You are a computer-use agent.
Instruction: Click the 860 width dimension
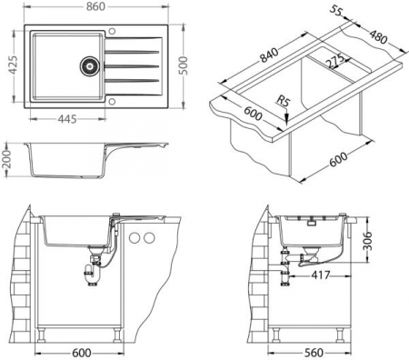(95, 6)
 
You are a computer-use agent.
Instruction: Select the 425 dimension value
(13, 65)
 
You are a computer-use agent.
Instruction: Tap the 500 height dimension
(183, 65)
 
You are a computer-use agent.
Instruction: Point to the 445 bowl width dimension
(67, 119)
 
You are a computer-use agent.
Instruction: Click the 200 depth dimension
(6, 159)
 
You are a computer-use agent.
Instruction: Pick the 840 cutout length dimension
(269, 55)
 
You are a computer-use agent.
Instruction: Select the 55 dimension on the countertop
(335, 11)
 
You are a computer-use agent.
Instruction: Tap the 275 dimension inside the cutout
(334, 61)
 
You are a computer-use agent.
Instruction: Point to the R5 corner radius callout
(284, 101)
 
